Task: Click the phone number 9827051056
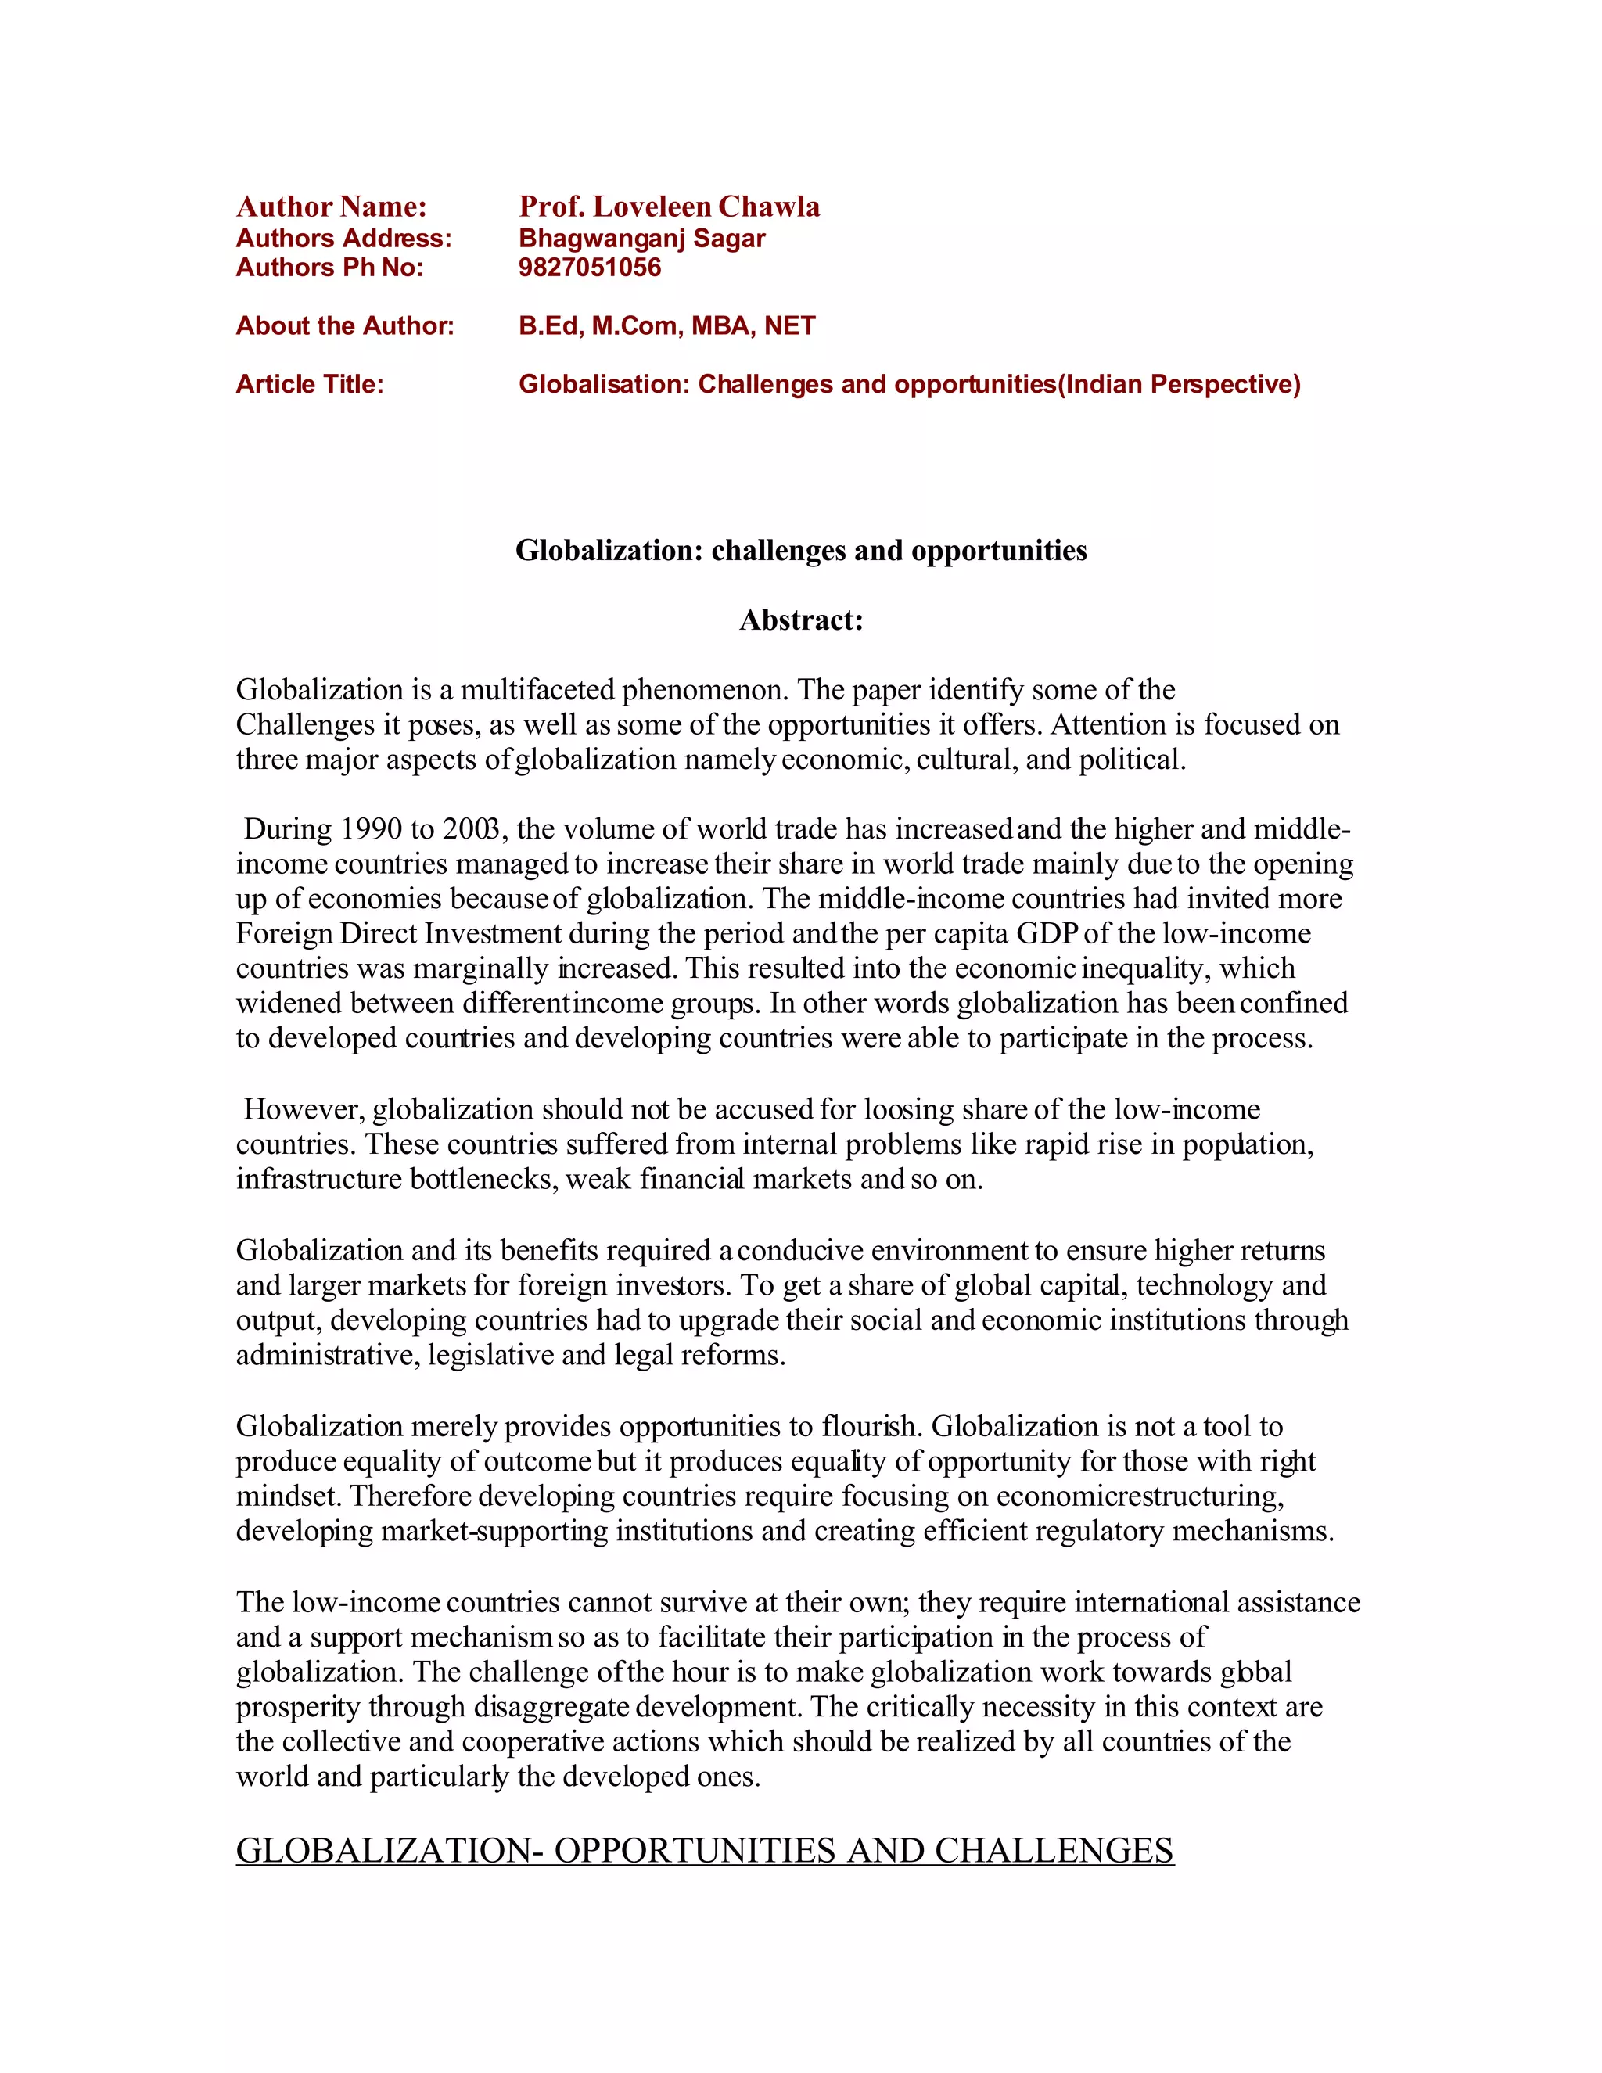pyautogui.click(x=589, y=268)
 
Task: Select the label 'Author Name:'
pyautogui.click(x=331, y=207)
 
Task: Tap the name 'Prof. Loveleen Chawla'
pyautogui.click(x=669, y=207)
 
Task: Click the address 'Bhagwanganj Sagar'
pyautogui.click(x=641, y=239)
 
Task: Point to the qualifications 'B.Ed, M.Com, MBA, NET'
pyautogui.click(x=666, y=325)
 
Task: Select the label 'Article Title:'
pyautogui.click(x=310, y=384)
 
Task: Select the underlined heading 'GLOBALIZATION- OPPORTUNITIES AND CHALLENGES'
pyautogui.click(x=704, y=1851)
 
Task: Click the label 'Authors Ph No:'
pyautogui.click(x=329, y=268)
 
